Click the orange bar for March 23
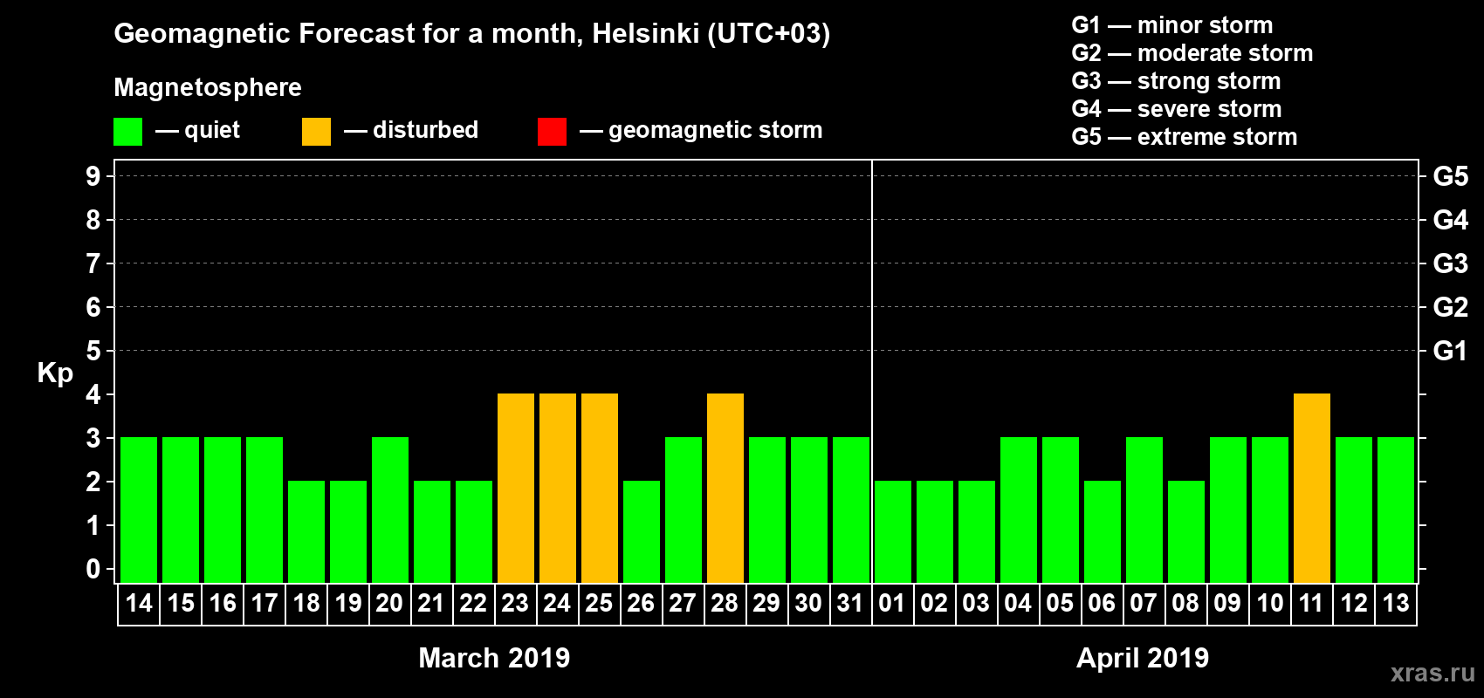tap(515, 488)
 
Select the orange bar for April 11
tap(1311, 488)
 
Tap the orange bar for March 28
tap(725, 488)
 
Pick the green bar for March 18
tap(306, 531)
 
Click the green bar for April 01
tap(892, 531)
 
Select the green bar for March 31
tap(850, 510)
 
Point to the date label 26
tap(641, 603)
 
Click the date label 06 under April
tap(1102, 603)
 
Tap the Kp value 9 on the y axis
tap(93, 176)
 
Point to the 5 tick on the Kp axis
tap(93, 351)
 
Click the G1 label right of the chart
tap(1450, 351)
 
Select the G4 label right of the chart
tap(1450, 220)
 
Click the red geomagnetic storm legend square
tap(552, 132)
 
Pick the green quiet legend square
tap(127, 132)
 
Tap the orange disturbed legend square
tap(316, 132)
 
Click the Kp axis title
tap(55, 373)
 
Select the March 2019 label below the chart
tap(494, 658)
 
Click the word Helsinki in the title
tap(645, 33)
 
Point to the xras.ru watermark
tap(1432, 673)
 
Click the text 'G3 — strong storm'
tap(1176, 81)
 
